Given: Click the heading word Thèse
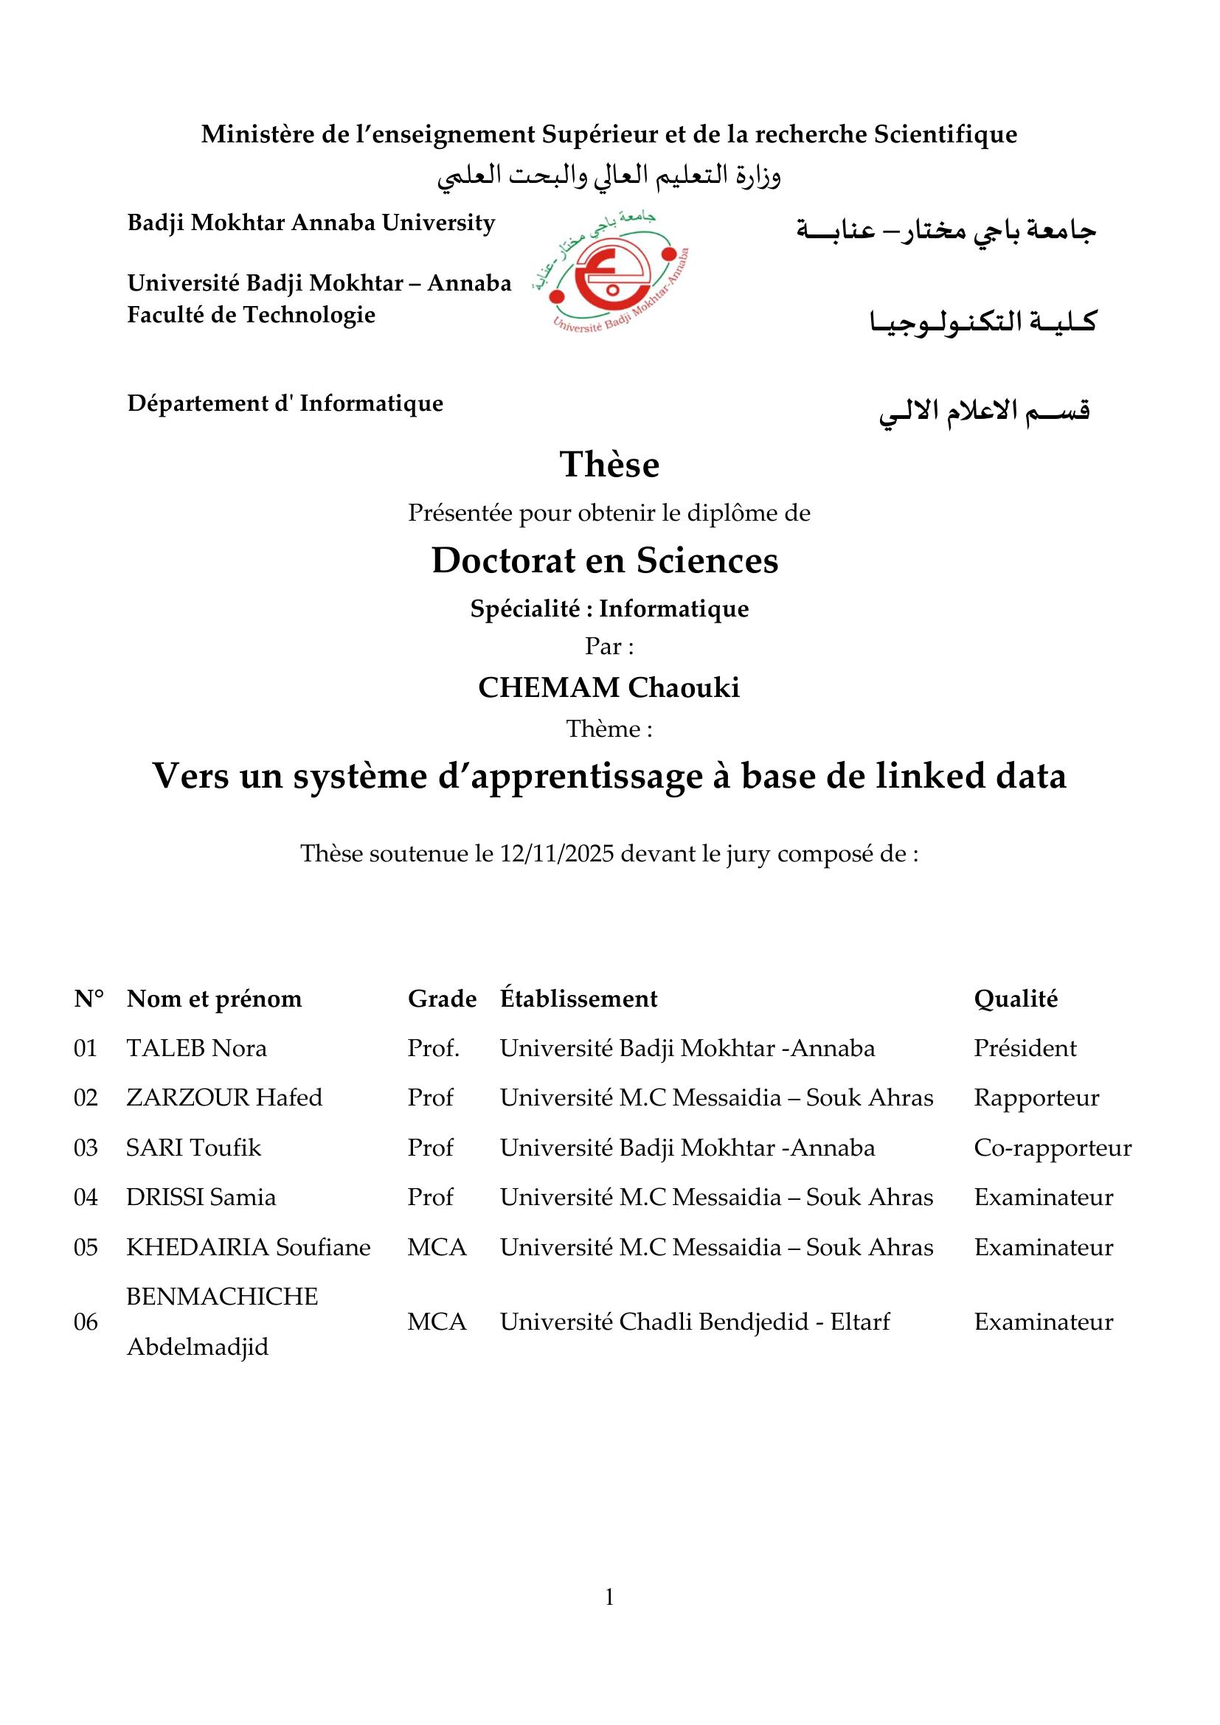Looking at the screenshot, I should [609, 465].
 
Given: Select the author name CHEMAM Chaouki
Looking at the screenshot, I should [609, 687].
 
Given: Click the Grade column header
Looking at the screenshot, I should [442, 999].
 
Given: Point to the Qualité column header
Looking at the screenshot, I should [1016, 999].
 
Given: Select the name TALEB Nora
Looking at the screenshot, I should [197, 1048].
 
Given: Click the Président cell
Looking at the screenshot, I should [1025, 1048].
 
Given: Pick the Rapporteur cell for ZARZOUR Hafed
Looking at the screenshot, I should [1036, 1097].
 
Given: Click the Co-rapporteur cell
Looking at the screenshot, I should [1053, 1148].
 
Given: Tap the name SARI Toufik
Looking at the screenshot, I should [194, 1148].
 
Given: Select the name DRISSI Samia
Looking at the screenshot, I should [201, 1197].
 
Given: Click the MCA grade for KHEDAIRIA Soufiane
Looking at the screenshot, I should [437, 1247].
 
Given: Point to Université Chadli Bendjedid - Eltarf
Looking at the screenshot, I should [695, 1321].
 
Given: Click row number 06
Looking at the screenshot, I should [86, 1322].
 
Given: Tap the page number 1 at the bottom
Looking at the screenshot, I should [609, 1597].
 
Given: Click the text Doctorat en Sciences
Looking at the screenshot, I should [605, 560].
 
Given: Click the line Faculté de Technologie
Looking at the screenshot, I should [251, 314].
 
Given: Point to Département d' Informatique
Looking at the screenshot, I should [285, 403].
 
